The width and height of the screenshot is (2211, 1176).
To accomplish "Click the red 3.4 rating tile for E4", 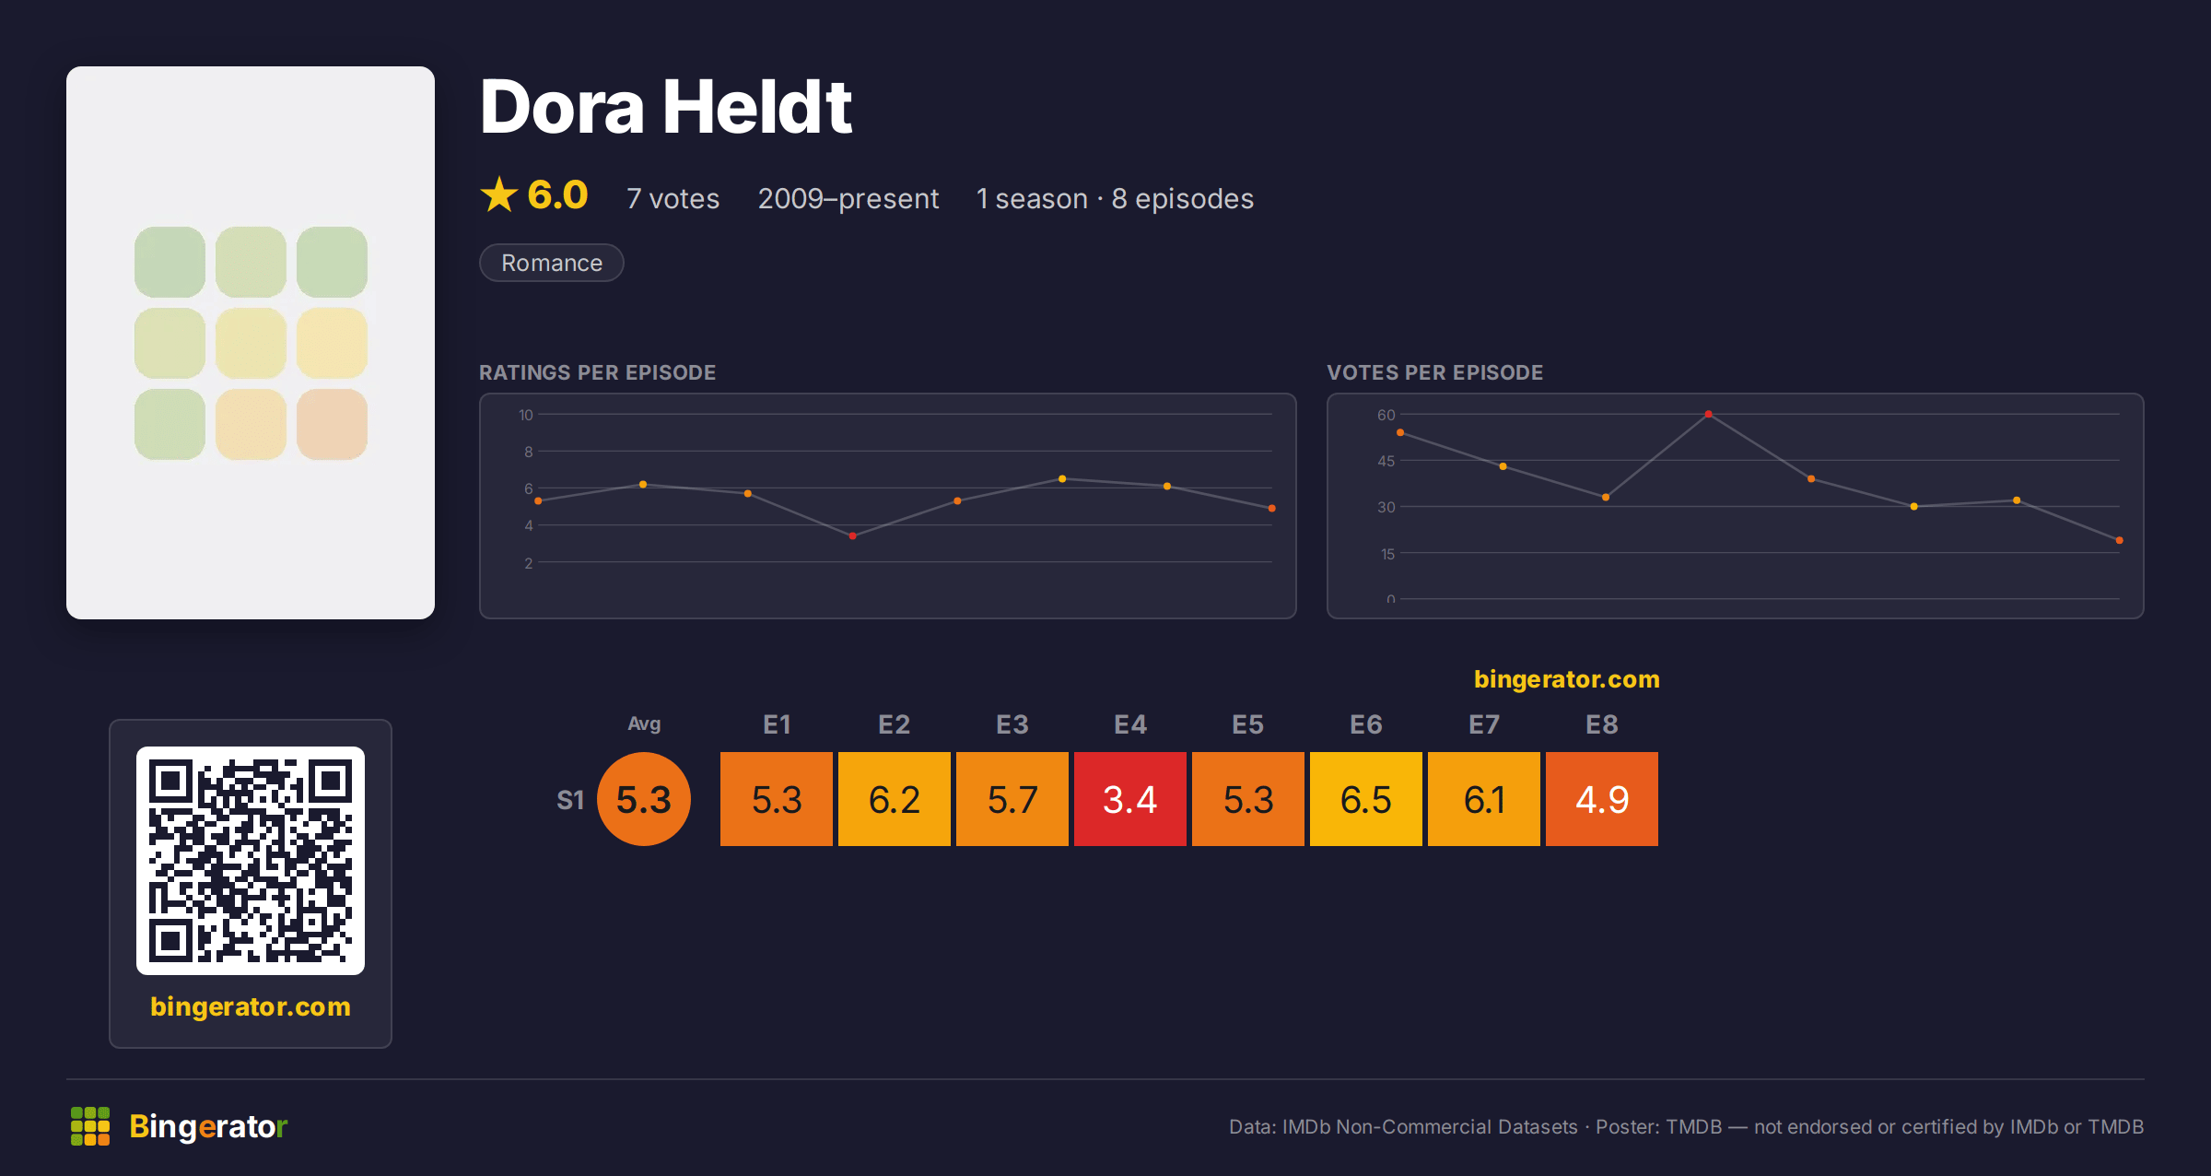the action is click(1130, 799).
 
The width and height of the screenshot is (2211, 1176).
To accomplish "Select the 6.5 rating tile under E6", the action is click(1366, 799).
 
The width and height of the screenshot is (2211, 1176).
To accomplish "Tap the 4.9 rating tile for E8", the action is click(1602, 799).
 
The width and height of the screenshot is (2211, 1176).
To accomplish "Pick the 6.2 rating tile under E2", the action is click(895, 799).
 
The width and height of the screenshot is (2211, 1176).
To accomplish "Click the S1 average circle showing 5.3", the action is click(644, 799).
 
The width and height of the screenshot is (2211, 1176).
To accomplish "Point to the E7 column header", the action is click(1484, 724).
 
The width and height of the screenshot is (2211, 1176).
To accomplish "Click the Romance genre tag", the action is click(552, 263).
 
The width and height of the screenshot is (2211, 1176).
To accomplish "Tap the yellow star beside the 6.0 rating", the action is click(499, 194).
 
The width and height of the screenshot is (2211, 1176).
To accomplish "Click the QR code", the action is click(251, 861).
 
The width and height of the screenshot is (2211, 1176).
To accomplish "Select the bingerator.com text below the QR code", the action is click(251, 1006).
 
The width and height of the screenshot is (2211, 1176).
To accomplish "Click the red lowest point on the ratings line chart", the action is click(853, 535).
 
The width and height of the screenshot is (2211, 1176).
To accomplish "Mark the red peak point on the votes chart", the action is click(1708, 415).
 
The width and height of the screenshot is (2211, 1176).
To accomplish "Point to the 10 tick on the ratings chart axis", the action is click(526, 415).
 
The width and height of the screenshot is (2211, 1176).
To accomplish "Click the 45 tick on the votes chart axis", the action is click(1386, 461).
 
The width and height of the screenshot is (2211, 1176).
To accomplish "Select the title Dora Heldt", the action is click(666, 107).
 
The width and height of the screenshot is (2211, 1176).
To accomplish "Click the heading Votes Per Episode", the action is click(1435, 372).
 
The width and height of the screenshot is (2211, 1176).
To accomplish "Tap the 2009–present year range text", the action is click(848, 198).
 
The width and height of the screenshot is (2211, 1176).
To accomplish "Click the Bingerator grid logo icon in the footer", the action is click(90, 1126).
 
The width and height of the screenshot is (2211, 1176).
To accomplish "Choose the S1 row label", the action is click(570, 800).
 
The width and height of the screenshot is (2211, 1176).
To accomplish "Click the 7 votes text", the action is click(673, 198).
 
